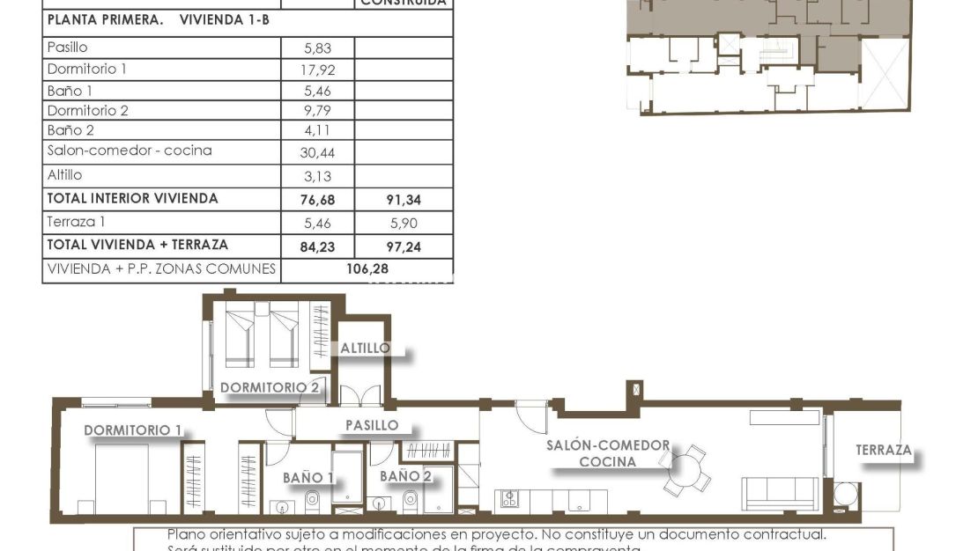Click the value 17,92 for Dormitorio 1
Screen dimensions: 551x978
point(318,70)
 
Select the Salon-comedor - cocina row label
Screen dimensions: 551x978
point(130,151)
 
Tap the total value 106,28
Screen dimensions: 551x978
point(367,268)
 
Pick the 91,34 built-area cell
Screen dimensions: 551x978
point(404,200)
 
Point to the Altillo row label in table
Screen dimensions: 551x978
point(64,175)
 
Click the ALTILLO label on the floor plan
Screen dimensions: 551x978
point(365,348)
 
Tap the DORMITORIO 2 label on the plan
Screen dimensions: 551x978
point(269,386)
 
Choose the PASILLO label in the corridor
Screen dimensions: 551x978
point(371,425)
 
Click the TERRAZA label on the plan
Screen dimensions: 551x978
point(883,450)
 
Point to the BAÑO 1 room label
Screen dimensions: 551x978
point(307,477)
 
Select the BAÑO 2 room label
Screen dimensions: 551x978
point(405,475)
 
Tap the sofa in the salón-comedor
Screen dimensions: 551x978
point(780,493)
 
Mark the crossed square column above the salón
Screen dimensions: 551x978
point(634,389)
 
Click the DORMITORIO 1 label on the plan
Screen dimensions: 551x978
point(132,430)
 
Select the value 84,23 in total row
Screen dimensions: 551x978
point(318,247)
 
